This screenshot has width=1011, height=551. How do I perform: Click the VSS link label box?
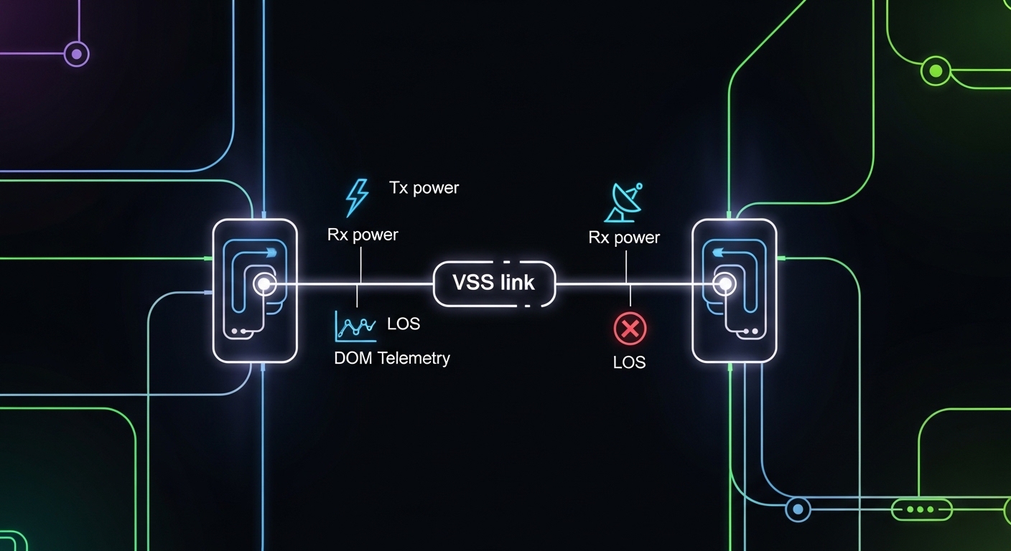point(494,283)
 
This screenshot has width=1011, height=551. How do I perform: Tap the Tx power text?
point(424,189)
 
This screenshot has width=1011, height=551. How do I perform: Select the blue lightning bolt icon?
point(357,197)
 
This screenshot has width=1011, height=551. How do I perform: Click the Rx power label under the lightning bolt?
point(362,235)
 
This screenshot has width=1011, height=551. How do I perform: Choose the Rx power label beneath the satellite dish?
point(624,237)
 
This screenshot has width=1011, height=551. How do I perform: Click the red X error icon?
point(630,329)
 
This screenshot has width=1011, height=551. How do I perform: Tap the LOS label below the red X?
point(629,363)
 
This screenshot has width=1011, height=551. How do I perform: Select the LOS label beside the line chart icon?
point(403,324)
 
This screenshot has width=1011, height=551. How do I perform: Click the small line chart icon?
point(355,326)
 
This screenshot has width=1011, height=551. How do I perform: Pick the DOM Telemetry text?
point(391,358)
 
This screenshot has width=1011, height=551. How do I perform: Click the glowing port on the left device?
point(264,284)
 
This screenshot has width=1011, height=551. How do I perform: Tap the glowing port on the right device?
point(725,284)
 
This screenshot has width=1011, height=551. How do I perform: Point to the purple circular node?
point(76,53)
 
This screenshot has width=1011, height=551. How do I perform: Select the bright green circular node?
point(935,70)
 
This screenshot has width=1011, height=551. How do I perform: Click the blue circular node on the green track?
point(796,510)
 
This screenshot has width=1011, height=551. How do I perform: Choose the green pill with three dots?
point(921,510)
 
